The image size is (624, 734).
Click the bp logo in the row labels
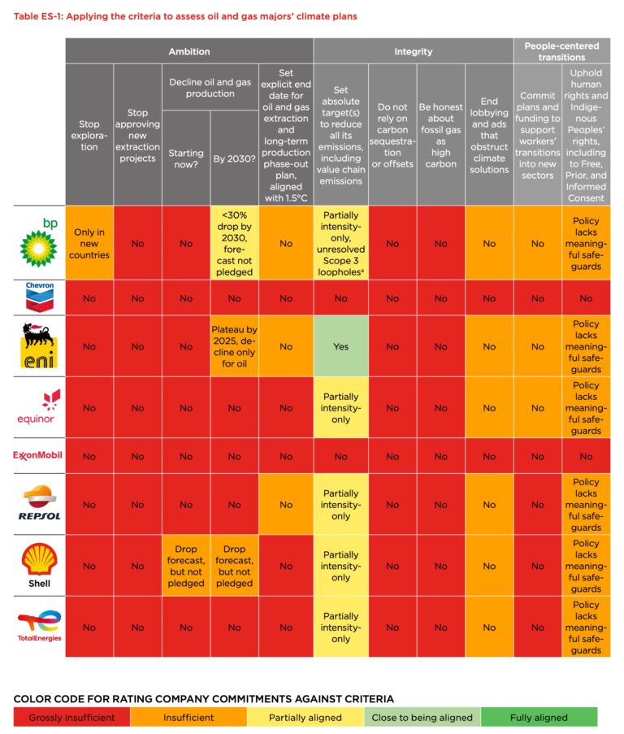pos(38,241)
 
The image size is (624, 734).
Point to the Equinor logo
pos(38,406)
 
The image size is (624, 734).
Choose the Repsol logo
pos(39,504)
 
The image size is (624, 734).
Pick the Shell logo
pos(38,566)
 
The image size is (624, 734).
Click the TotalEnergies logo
pos(39,626)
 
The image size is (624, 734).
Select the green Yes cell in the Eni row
pos(340,346)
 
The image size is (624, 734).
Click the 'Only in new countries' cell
pos(89,243)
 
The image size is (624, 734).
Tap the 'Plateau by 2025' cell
pos(234,346)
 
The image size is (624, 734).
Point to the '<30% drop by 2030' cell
pos(234,243)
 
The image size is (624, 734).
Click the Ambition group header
pos(188,51)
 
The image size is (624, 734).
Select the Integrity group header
pos(413,51)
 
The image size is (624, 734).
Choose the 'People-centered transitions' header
pos(561,51)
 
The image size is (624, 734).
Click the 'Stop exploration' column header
pos(89,136)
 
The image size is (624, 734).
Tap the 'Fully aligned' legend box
pos(539,717)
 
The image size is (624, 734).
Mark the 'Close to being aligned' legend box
pos(422,717)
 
